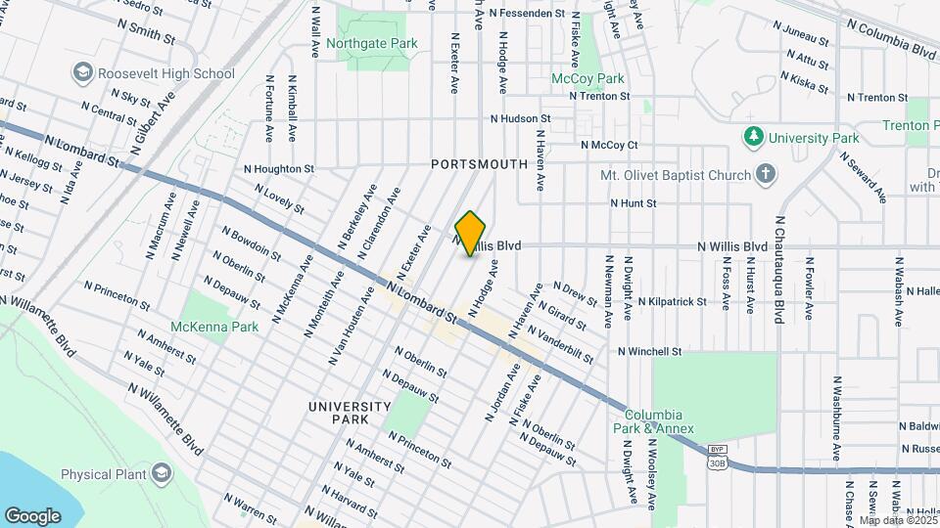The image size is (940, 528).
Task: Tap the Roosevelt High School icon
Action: pyautogui.click(x=82, y=73)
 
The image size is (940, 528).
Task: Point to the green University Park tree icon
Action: pyautogui.click(x=753, y=138)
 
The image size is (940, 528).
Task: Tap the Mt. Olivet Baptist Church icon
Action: pyautogui.click(x=766, y=175)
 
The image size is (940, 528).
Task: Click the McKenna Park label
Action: pyautogui.click(x=214, y=327)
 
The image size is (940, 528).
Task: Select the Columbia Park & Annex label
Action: pyautogui.click(x=660, y=421)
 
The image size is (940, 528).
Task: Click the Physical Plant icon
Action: pyautogui.click(x=161, y=474)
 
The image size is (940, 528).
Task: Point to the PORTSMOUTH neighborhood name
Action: pyautogui.click(x=480, y=165)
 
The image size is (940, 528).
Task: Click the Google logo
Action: pyautogui.click(x=32, y=514)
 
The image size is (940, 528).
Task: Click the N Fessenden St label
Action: pyautogui.click(x=527, y=14)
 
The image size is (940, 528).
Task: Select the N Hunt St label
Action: pyautogui.click(x=633, y=203)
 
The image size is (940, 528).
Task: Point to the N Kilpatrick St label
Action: pyautogui.click(x=672, y=302)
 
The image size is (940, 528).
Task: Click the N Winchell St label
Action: pyautogui.click(x=649, y=351)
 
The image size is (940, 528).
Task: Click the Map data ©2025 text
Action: pyautogui.click(x=898, y=520)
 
